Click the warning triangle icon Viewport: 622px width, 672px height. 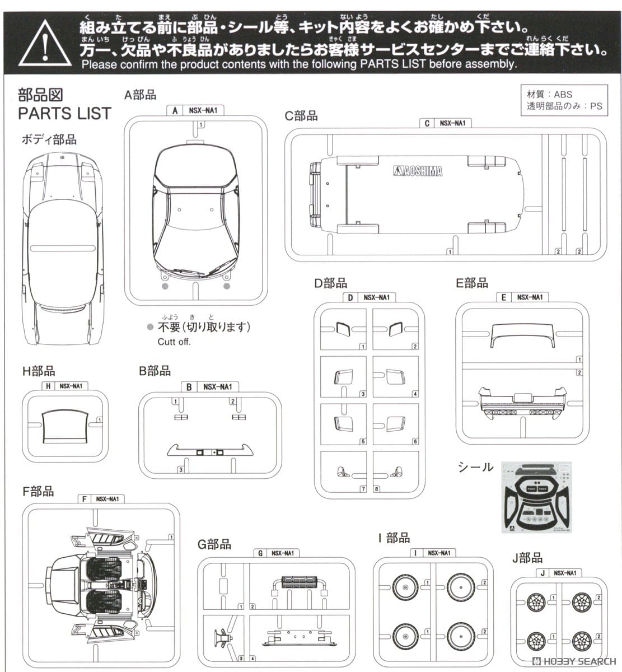43,44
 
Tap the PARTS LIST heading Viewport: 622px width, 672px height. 64,113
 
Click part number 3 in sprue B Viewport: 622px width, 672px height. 181,469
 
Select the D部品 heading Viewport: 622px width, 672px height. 330,284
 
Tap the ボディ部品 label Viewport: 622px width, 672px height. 49,139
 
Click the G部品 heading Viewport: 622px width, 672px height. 214,544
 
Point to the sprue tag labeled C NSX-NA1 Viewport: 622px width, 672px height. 446,123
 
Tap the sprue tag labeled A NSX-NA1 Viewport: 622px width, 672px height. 194,111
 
